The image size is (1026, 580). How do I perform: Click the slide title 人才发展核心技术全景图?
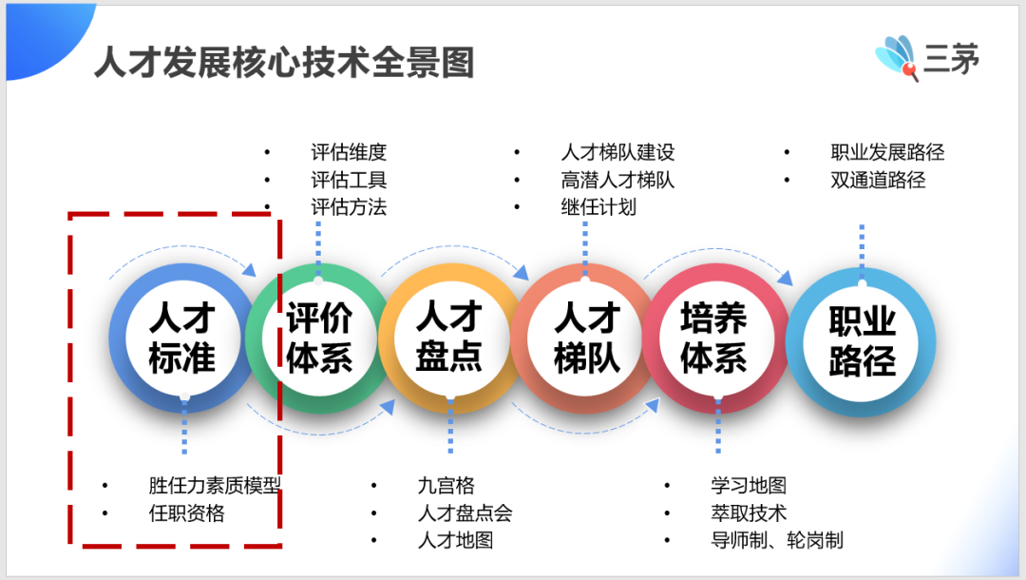(284, 63)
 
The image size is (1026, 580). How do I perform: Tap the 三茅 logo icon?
(897, 57)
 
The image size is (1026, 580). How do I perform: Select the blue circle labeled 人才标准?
(182, 338)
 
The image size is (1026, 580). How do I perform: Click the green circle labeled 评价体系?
(318, 338)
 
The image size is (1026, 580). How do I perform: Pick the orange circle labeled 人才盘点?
(451, 338)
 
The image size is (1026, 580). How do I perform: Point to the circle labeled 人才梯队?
(585, 338)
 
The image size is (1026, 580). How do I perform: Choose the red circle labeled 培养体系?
(717, 338)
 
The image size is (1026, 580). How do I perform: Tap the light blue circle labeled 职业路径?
(861, 341)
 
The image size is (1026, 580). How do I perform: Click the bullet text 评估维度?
(349, 152)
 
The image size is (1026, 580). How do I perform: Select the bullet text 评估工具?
(349, 180)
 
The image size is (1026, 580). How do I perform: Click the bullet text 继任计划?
(598, 207)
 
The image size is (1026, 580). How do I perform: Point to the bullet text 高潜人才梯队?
(617, 180)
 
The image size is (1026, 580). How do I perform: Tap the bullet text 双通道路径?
(878, 180)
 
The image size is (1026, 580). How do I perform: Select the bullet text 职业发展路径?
(887, 152)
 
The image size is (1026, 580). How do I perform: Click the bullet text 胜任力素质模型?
(215, 486)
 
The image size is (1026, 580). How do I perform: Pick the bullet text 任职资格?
(186, 513)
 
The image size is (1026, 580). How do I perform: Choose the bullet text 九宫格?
(446, 486)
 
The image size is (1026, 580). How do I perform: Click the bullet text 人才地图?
(455, 541)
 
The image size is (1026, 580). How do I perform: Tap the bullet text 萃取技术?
(749, 513)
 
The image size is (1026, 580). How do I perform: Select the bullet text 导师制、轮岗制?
(777, 541)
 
